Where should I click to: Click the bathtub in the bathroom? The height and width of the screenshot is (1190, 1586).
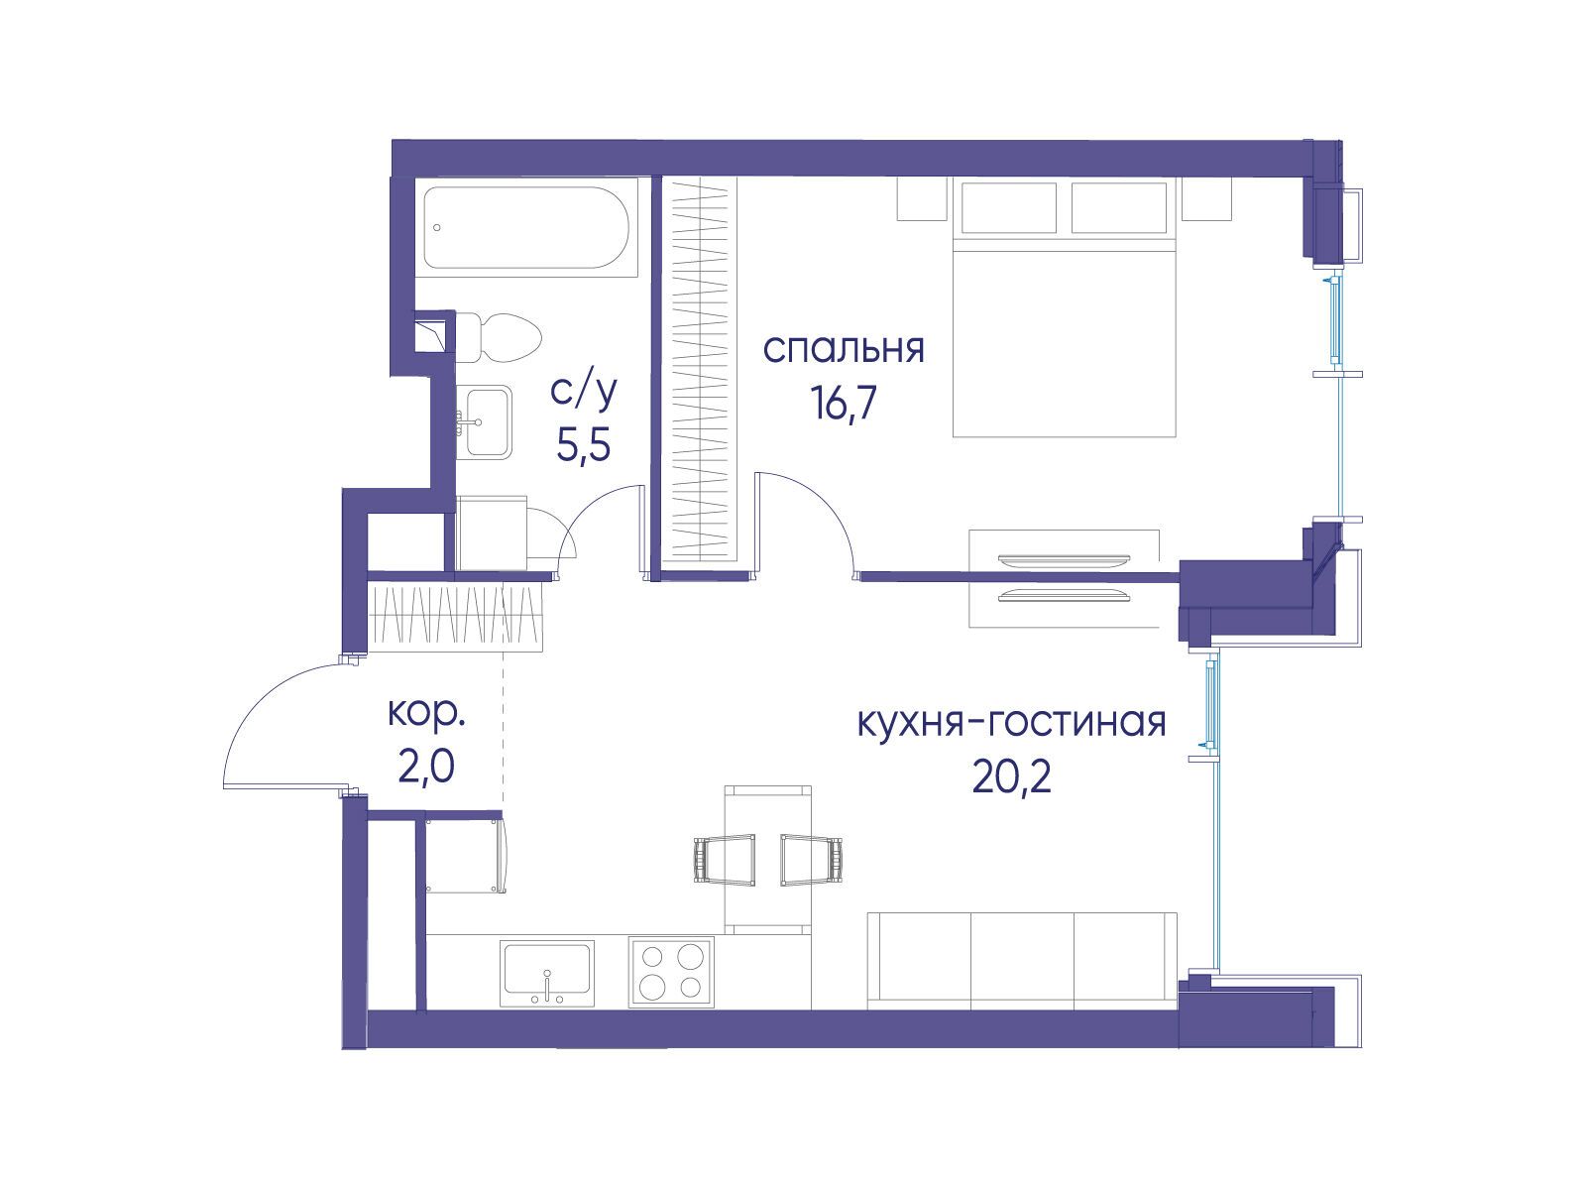pyautogui.click(x=526, y=228)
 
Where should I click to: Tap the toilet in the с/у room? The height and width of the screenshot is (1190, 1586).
pyautogui.click(x=499, y=338)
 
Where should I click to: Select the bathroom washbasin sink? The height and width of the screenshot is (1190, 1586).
pyautogui.click(x=488, y=422)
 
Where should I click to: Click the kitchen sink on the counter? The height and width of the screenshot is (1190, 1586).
pyautogui.click(x=547, y=973)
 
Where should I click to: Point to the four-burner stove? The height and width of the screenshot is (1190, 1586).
pyautogui.click(x=671, y=972)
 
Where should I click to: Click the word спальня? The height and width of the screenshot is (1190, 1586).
pyautogui.click(x=844, y=350)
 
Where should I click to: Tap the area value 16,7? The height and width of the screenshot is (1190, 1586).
pyautogui.click(x=844, y=404)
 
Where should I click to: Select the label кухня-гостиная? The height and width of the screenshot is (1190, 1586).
pyautogui.click(x=1012, y=723)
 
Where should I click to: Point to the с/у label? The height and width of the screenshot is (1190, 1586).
pyautogui.click(x=584, y=392)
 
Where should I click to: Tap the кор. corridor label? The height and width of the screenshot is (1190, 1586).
pyautogui.click(x=426, y=714)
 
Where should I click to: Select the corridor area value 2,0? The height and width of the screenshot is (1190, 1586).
pyautogui.click(x=426, y=767)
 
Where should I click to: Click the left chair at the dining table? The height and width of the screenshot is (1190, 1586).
pyautogui.click(x=725, y=860)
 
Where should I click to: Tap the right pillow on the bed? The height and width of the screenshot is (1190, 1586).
pyautogui.click(x=1119, y=207)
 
